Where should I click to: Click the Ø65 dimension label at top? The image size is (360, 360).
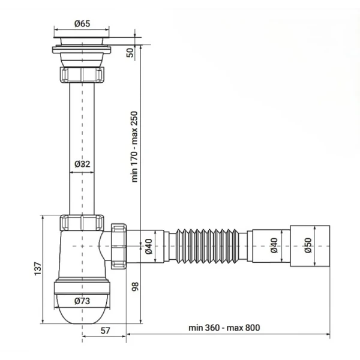[82, 23]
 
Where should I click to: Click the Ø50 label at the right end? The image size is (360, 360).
[308, 246]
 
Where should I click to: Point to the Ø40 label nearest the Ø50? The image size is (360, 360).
[274, 246]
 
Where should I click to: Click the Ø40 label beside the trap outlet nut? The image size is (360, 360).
[148, 247]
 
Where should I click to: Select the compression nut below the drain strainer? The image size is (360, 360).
[82, 75]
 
